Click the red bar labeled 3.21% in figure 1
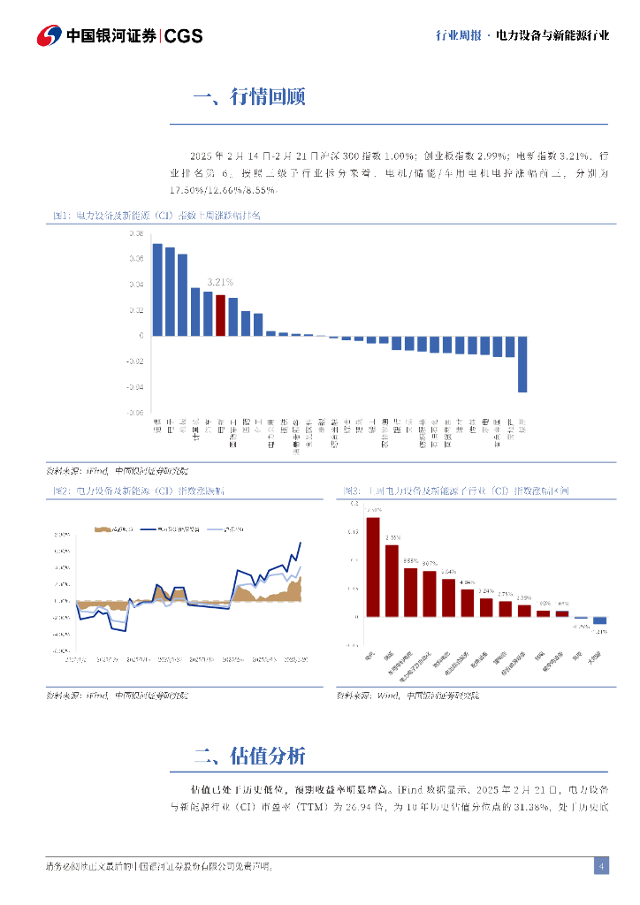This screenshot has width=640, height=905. pos(221,316)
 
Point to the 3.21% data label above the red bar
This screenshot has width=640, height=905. pos(219,282)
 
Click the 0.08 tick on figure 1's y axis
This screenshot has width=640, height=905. pos(136,234)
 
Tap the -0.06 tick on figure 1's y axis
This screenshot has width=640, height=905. pos(135,413)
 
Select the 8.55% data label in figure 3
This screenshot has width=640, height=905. pos(410,560)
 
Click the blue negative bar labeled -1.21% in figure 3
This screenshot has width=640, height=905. pos(600,620)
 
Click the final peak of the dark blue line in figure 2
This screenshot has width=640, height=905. pos(300,544)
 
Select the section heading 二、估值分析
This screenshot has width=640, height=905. pos(249,756)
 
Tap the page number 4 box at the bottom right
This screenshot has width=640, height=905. pos(601,866)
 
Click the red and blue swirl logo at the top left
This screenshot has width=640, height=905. pos(49,35)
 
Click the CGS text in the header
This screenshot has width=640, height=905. pos(184,36)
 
